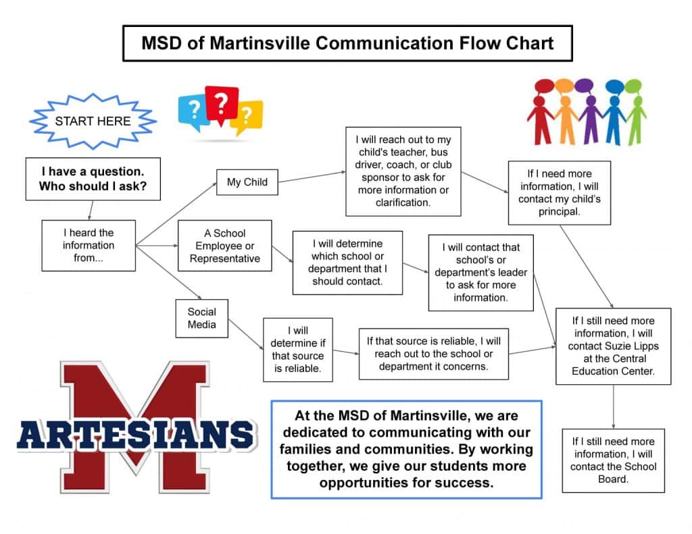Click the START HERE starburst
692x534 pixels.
point(93,122)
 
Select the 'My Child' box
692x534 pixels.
point(247,182)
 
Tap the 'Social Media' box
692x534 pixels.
point(202,318)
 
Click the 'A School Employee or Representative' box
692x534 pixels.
point(225,246)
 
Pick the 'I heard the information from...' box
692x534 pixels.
point(89,245)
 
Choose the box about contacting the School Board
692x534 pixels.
point(613,460)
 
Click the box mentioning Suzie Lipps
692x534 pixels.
point(613,346)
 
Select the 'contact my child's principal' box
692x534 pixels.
point(559,192)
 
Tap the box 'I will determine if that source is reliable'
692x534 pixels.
point(297,349)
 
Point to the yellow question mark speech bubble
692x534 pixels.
point(246,117)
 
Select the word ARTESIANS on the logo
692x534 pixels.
point(135,435)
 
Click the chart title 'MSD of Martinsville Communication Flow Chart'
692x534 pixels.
point(347,43)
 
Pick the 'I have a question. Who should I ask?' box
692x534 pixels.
point(93,179)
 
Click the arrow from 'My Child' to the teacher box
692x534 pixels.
point(312,177)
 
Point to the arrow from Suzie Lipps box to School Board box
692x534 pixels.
point(613,406)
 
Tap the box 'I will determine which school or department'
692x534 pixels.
point(347,263)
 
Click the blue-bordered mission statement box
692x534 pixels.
point(406,449)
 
